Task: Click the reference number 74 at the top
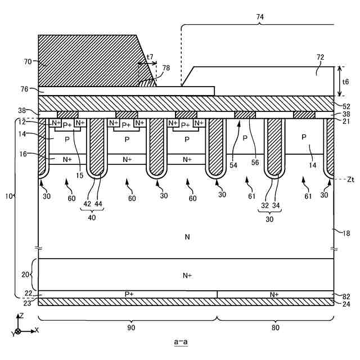pyautogui.click(x=259, y=17)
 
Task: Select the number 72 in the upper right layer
pyautogui.click(x=320, y=73)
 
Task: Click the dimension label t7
pyautogui.click(x=150, y=57)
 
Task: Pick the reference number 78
pyautogui.click(x=165, y=67)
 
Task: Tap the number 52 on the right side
pyautogui.click(x=346, y=105)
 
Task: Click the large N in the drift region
pyautogui.click(x=187, y=237)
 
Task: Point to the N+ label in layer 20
pyautogui.click(x=187, y=275)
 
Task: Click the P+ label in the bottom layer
pyautogui.click(x=129, y=294)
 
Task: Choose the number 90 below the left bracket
pyautogui.click(x=130, y=327)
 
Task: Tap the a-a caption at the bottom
pyautogui.click(x=181, y=341)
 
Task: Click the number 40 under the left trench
pyautogui.click(x=91, y=217)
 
